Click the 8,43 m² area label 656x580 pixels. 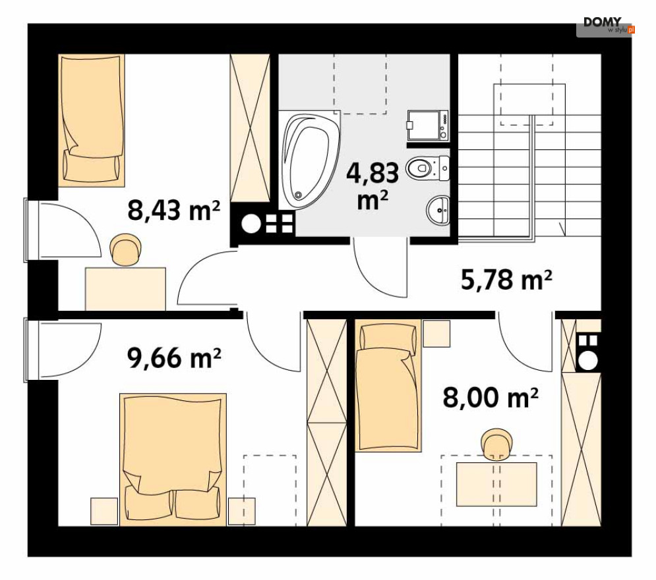pyautogui.click(x=173, y=210)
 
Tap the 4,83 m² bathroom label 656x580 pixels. pyautogui.click(x=373, y=186)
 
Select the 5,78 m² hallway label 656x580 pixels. pyautogui.click(x=506, y=280)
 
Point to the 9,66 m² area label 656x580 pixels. pyautogui.click(x=174, y=358)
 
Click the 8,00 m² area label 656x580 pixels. pyautogui.click(x=491, y=398)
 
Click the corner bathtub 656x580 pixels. pyautogui.click(x=310, y=161)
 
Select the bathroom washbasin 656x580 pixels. pyautogui.click(x=438, y=210)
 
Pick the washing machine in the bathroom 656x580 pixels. pyautogui.click(x=428, y=125)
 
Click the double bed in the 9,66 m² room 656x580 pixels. pyautogui.click(x=173, y=460)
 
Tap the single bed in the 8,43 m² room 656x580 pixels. pyautogui.click(x=92, y=120)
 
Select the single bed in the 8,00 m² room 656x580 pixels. pyautogui.click(x=388, y=385)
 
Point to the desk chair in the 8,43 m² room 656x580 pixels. pyautogui.click(x=125, y=250)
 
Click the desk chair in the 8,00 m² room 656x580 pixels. pyautogui.click(x=496, y=444)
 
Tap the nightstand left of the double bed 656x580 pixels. pyautogui.click(x=104, y=511)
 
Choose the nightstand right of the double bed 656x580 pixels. pyautogui.click(x=242, y=511)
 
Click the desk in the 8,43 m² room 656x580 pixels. pyautogui.click(x=125, y=289)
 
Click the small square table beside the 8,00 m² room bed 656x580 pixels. pyautogui.click(x=436, y=334)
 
